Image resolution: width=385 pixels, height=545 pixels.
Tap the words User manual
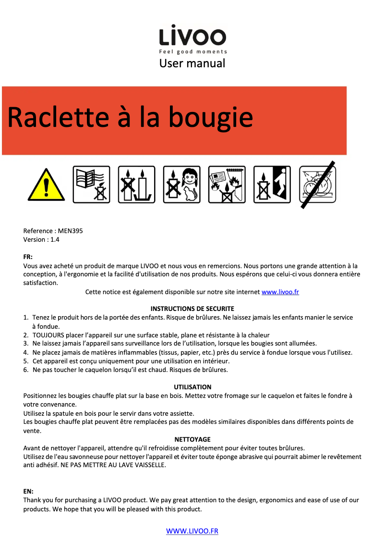[x=192, y=63]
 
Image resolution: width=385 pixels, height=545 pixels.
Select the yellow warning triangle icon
[x=46, y=185]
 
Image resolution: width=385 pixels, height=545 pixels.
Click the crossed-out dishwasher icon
[x=317, y=185]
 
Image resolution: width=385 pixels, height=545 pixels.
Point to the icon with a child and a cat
[x=181, y=185]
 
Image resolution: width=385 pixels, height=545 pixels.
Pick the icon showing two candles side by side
[x=136, y=185]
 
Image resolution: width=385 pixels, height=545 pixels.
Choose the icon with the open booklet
[x=91, y=185]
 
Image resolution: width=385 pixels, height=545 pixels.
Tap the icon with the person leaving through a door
[x=272, y=185]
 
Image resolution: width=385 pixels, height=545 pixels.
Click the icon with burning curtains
[x=227, y=185]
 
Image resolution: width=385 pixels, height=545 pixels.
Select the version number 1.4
[x=55, y=239]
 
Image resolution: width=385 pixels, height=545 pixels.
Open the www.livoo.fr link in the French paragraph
[x=280, y=292]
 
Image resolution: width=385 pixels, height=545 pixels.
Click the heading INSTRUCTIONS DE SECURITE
[x=192, y=309]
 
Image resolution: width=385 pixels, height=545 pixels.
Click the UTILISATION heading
[x=192, y=387]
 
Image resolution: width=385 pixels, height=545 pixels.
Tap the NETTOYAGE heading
[x=192, y=439]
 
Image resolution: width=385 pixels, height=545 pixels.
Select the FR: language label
[x=28, y=257]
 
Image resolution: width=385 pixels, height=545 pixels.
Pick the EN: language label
[x=28, y=492]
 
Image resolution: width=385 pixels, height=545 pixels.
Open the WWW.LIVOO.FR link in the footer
[x=192, y=531]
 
